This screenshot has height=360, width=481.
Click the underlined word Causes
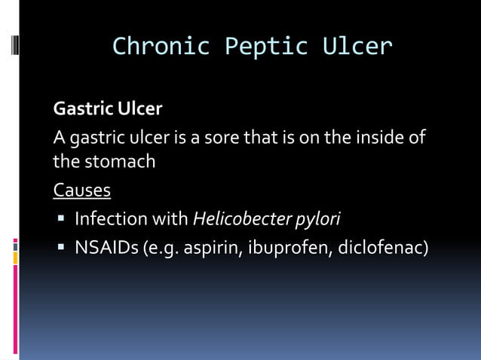(81, 190)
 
